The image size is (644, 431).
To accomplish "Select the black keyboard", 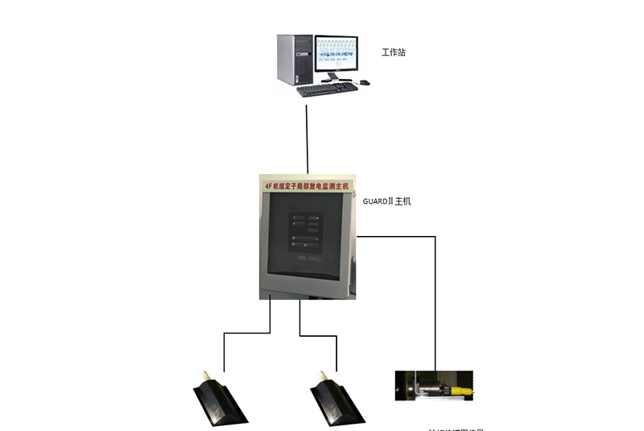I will pos(326,89).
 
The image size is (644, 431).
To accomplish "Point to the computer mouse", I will pos(365,81).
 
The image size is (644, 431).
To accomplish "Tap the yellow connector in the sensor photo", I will pos(462,390).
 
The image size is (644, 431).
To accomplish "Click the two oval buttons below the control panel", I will pos(306,259).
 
